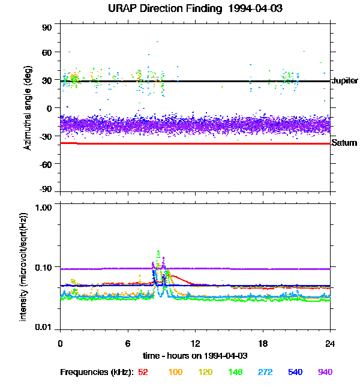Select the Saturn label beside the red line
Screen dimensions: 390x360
[x=344, y=143]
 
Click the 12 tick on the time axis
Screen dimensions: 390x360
[x=195, y=343]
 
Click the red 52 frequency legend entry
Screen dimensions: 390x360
[x=143, y=372]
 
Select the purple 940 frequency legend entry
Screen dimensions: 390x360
[x=325, y=372]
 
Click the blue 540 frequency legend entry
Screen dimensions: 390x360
[x=295, y=372]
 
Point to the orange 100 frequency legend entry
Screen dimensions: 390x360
[x=175, y=372]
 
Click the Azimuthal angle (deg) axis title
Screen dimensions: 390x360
[x=28, y=109]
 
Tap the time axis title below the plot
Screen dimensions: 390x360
[x=195, y=356]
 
